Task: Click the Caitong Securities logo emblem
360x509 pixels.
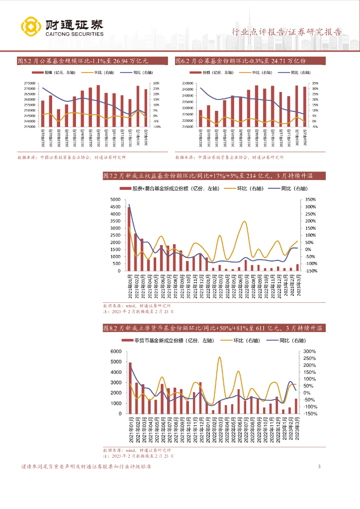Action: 31,27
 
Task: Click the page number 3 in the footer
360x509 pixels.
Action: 319,467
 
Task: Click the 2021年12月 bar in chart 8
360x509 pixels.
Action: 200,398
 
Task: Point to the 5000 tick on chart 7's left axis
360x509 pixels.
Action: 115,200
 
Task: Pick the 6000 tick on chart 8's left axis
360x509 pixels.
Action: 115,351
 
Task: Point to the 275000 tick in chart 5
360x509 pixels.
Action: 29,84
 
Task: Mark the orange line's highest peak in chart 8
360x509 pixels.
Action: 219,357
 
